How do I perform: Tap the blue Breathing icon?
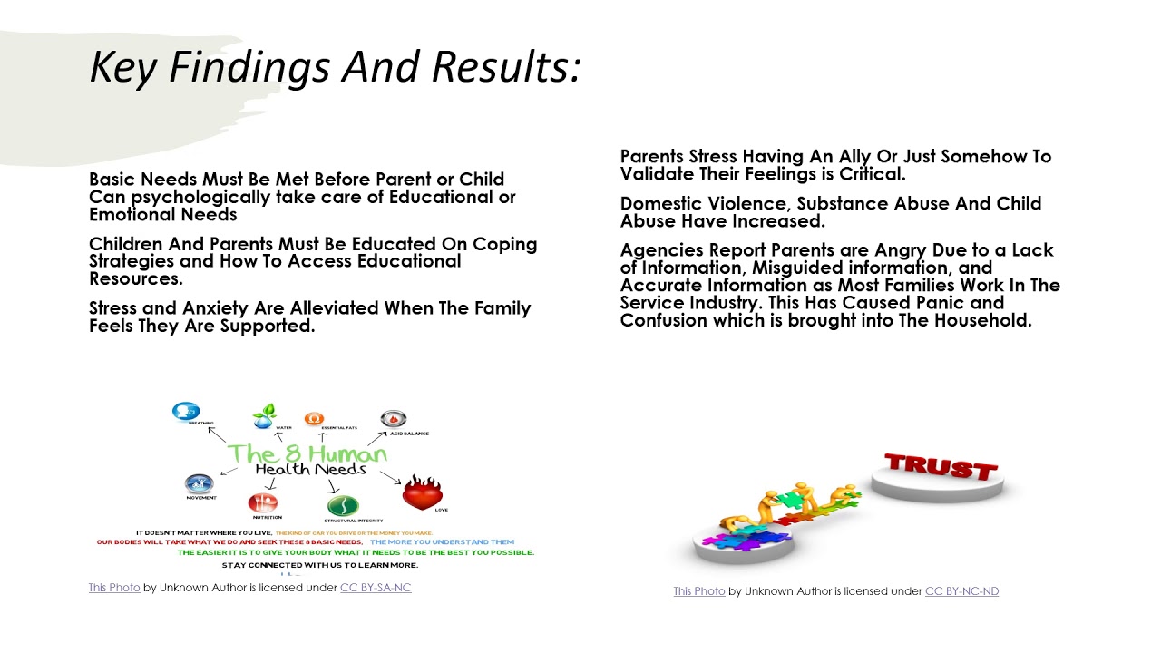(186, 413)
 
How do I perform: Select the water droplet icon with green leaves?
(265, 416)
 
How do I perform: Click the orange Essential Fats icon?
(314, 419)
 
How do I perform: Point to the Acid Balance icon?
(393, 419)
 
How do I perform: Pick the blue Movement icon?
(199, 483)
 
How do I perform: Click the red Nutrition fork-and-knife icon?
(263, 502)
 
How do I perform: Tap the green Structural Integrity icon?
(342, 505)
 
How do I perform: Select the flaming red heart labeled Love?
(422, 493)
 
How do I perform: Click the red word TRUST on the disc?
(941, 466)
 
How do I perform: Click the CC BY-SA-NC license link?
(376, 588)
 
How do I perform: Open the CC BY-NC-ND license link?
(961, 591)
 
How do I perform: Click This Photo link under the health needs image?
(114, 588)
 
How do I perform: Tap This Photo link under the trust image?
(699, 591)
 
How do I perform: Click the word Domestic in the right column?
(661, 203)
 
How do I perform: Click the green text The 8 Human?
(307, 453)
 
